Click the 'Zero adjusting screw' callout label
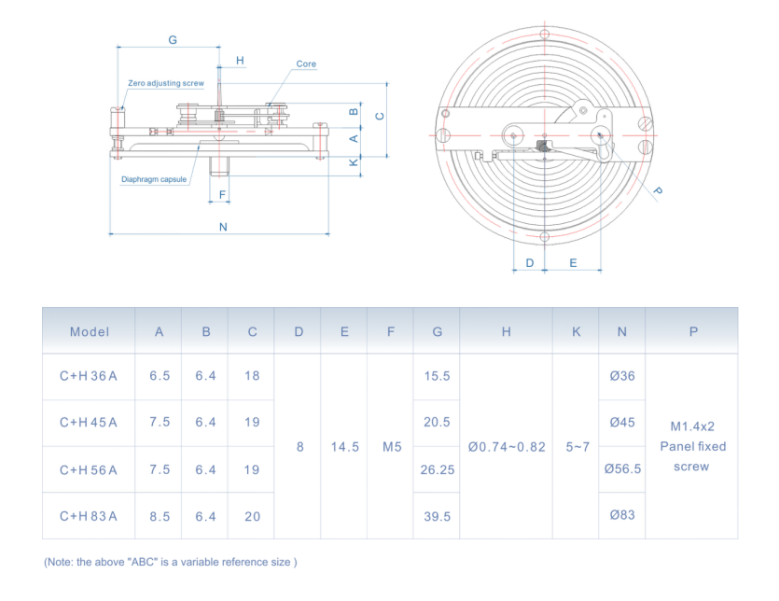point(166,83)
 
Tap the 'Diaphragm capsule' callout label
point(154,179)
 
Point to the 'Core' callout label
point(306,64)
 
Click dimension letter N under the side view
point(223,227)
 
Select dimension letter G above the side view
point(173,40)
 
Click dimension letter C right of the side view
point(379,116)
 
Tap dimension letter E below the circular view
point(573,263)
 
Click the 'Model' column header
point(90,331)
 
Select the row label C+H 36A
point(90,376)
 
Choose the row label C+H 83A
point(90,516)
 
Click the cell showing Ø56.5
point(622,469)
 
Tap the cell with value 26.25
point(437,469)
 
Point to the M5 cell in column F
point(391,447)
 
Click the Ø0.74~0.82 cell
point(507,447)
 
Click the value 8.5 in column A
point(160,516)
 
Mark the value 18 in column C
point(252,376)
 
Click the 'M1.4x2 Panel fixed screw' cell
point(692,446)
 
